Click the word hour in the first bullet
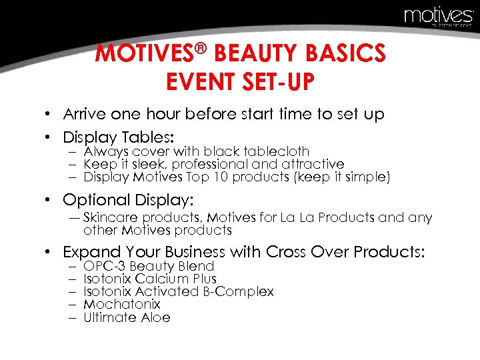tap(171, 114)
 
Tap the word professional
tap(216, 165)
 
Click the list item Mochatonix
tap(122, 305)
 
